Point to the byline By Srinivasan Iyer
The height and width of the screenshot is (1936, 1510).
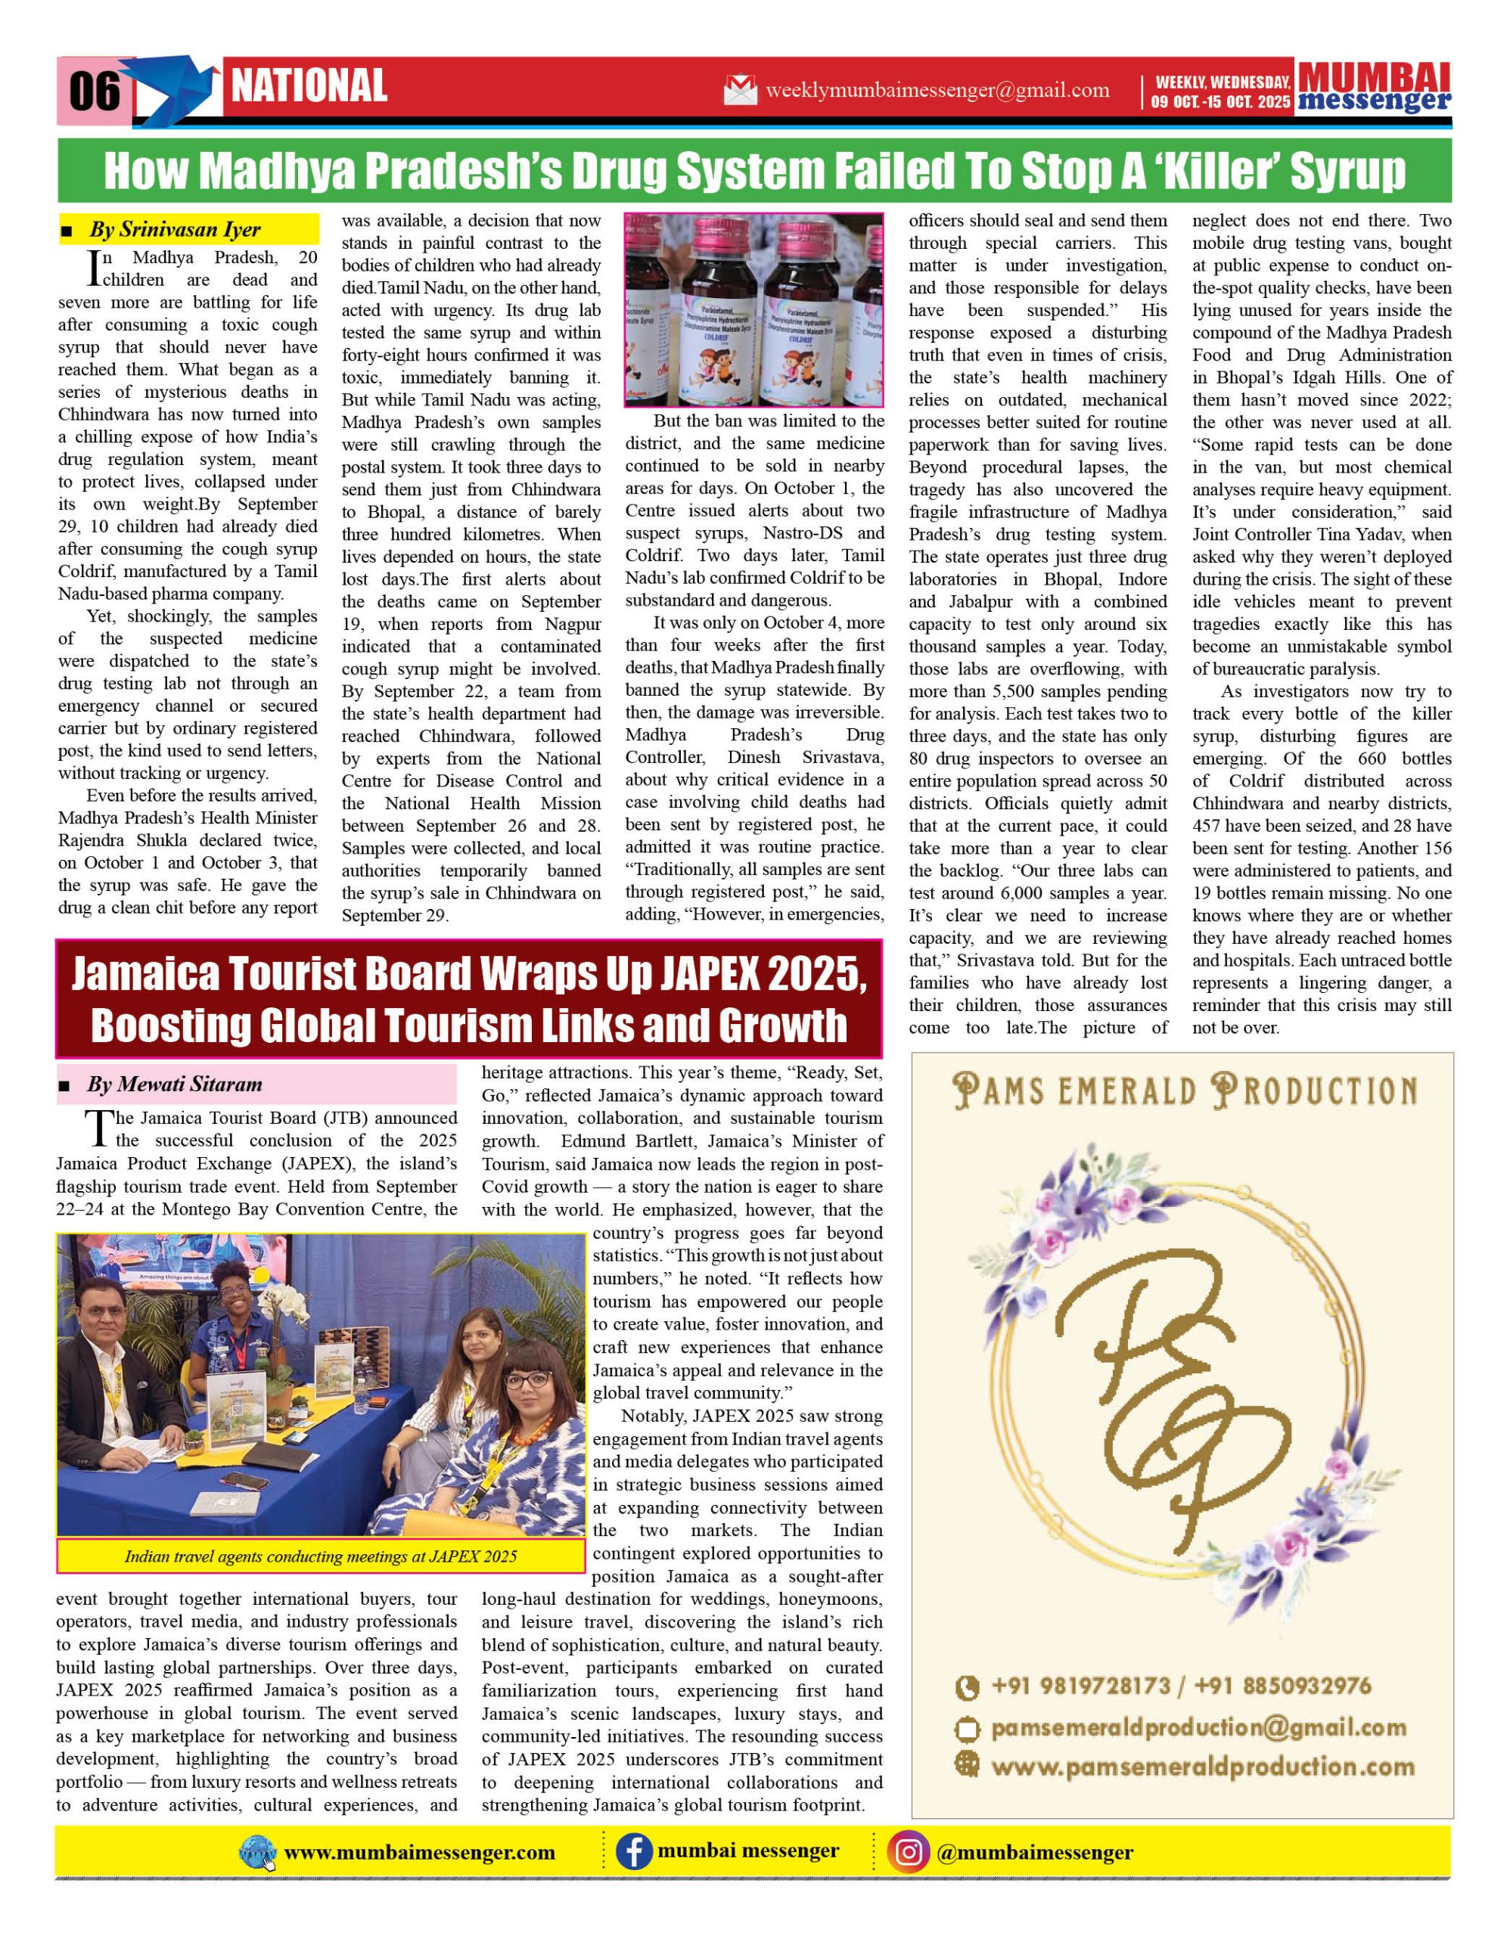(x=175, y=230)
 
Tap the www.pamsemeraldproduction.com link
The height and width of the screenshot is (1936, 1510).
(x=1201, y=1767)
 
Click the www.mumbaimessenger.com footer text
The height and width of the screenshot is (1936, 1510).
(x=418, y=1853)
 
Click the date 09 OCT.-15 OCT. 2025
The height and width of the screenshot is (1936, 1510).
(x=1221, y=102)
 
